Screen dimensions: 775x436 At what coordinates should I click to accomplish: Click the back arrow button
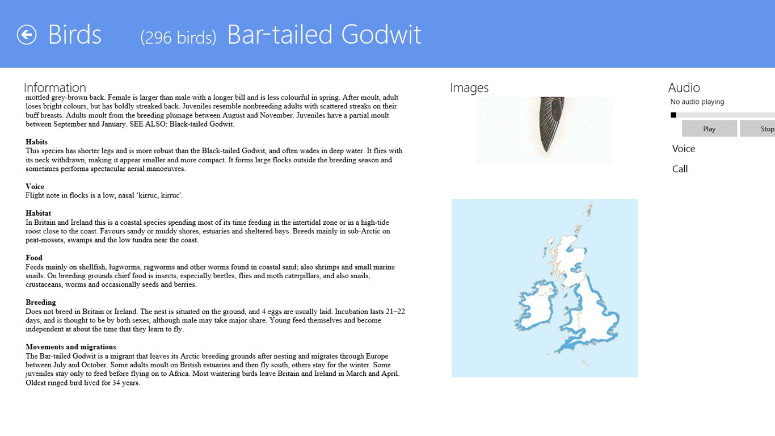pos(27,35)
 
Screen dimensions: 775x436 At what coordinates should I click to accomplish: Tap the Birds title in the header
pos(74,35)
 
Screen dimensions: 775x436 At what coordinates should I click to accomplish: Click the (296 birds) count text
pos(178,37)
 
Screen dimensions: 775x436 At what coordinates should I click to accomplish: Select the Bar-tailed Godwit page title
pos(324,34)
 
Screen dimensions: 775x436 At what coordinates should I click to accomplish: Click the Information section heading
pos(54,87)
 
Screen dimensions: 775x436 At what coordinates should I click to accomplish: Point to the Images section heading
pos(469,88)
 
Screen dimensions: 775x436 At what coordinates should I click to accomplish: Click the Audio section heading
pos(684,87)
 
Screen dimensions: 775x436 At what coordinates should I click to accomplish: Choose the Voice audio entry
pos(683,149)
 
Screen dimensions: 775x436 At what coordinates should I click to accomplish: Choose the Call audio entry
pos(680,169)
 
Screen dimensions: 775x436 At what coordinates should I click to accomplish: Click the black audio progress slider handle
pos(673,115)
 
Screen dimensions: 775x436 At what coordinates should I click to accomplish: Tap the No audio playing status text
pos(697,102)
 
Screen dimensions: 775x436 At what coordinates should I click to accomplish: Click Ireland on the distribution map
pos(535,305)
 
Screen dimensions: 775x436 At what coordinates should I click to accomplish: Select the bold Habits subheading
pos(36,141)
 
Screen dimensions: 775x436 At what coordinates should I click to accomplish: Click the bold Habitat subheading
pos(38,213)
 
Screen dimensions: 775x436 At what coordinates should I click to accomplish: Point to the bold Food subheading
pos(34,258)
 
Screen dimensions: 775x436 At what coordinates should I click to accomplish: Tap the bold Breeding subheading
pos(40,303)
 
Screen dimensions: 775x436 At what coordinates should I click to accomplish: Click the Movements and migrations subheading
pos(70,347)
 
